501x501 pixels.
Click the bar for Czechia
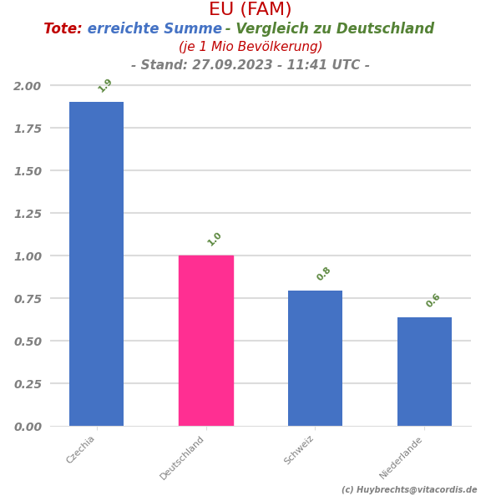tap(96, 264)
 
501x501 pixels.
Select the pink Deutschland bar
tap(205, 341)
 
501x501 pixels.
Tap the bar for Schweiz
tap(315, 358)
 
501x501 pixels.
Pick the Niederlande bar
tap(424, 372)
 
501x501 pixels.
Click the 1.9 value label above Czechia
tap(105, 85)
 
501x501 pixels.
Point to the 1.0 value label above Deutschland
tap(215, 239)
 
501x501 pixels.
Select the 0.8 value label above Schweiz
tap(324, 274)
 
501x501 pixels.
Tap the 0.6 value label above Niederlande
tap(433, 301)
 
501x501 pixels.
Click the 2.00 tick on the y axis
tap(27, 86)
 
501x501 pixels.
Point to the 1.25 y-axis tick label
tap(27, 214)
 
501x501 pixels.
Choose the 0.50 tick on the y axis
tap(27, 342)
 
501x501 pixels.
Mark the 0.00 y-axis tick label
tap(27, 427)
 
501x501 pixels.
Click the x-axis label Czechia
tap(81, 450)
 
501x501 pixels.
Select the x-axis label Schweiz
tap(300, 450)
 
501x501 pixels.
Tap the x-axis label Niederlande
tap(402, 458)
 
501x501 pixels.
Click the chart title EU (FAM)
tap(250, 10)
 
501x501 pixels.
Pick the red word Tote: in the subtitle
tap(63, 29)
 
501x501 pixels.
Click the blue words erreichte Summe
tap(154, 29)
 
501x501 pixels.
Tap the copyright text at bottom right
tap(409, 490)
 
